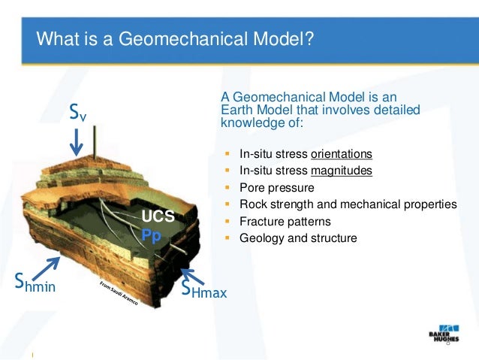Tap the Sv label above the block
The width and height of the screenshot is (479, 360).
pos(78,113)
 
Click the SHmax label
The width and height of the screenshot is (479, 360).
pos(203,289)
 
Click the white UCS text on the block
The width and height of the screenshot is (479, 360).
pos(158,217)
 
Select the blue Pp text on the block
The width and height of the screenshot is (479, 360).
pos(152,234)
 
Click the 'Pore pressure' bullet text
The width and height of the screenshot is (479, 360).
pos(277,188)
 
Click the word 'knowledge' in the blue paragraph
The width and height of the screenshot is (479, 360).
pos(246,123)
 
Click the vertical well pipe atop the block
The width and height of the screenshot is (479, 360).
pos(95,144)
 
